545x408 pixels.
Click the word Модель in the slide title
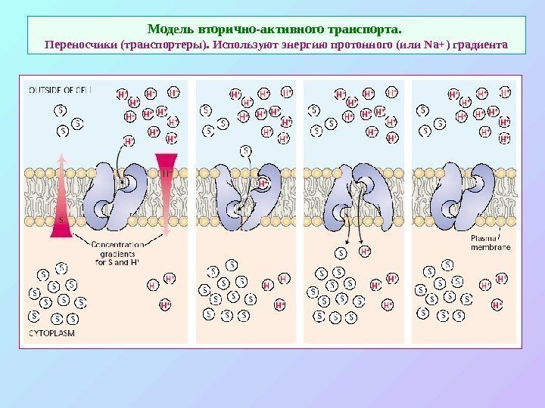(x=171, y=29)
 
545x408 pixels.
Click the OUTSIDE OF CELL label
(x=61, y=90)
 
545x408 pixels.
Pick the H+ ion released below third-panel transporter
(x=364, y=252)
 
